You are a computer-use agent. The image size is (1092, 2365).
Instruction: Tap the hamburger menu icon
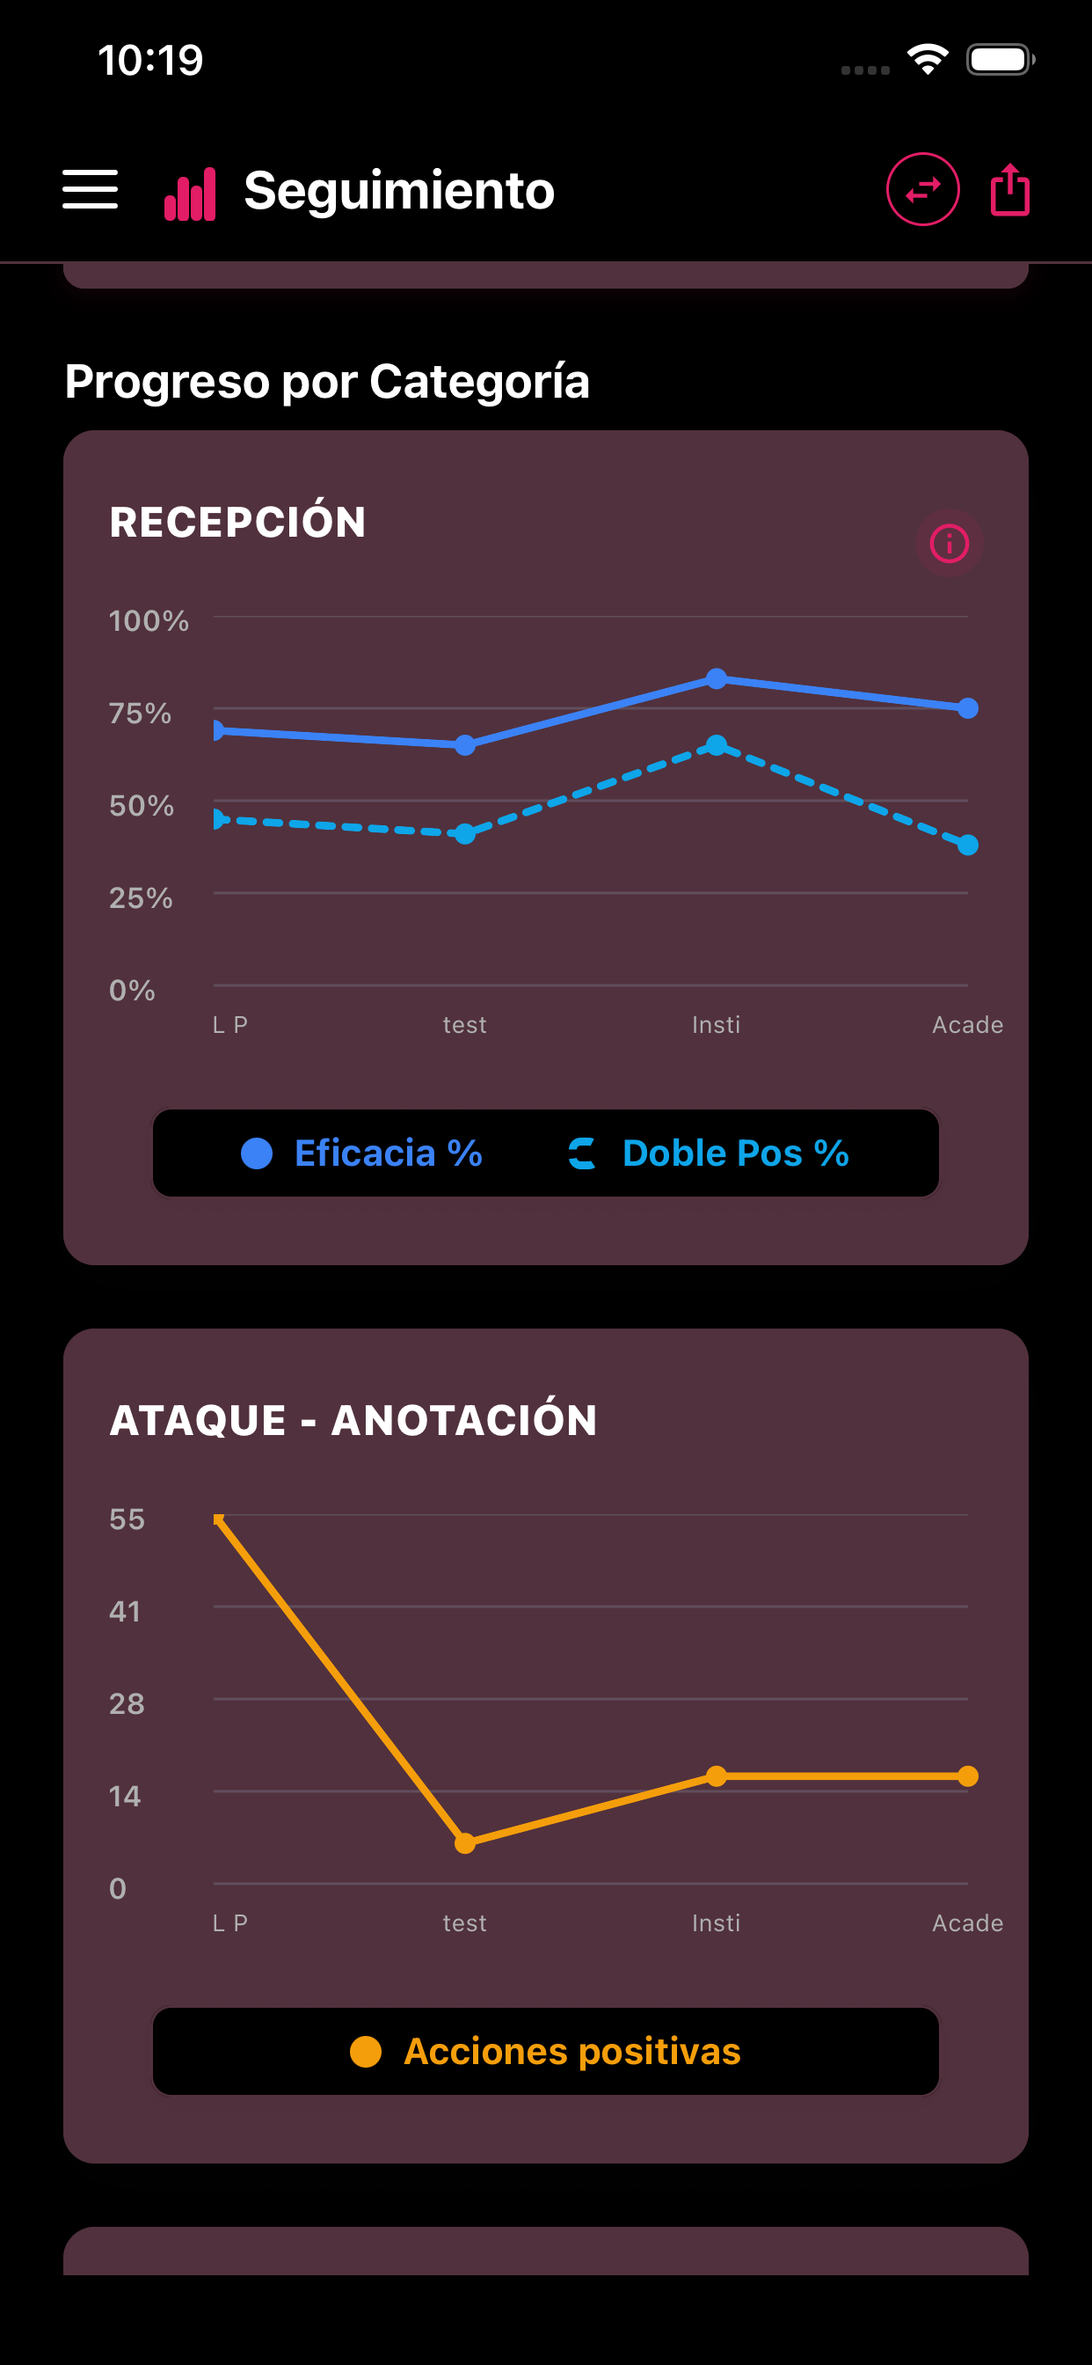[90, 189]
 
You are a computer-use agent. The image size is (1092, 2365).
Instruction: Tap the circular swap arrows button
[922, 189]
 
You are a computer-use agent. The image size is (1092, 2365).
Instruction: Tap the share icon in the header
[1009, 189]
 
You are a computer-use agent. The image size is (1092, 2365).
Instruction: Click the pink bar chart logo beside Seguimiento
[190, 194]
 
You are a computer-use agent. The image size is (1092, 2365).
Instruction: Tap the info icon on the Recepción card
[949, 544]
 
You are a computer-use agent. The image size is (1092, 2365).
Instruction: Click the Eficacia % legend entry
[361, 1153]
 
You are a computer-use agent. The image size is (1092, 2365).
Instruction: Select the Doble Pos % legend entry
[709, 1153]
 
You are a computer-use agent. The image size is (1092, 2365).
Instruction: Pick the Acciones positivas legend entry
[546, 2051]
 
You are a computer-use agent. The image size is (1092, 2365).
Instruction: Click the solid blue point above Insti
[717, 678]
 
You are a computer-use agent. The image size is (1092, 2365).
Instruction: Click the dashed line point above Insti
[717, 744]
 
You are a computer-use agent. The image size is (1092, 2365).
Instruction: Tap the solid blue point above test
[465, 744]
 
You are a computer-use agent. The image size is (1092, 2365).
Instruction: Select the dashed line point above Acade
[967, 845]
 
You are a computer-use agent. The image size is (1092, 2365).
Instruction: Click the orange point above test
[465, 1842]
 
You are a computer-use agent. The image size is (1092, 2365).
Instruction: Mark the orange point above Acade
[967, 1776]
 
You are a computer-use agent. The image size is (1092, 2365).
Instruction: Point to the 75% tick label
[141, 714]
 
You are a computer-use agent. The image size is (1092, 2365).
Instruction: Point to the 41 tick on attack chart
[125, 1611]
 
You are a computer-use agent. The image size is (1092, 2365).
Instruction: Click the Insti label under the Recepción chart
[716, 1025]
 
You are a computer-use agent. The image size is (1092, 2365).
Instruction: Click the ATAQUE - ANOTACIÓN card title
[353, 1420]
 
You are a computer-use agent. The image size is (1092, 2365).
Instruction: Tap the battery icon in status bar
[1000, 60]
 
